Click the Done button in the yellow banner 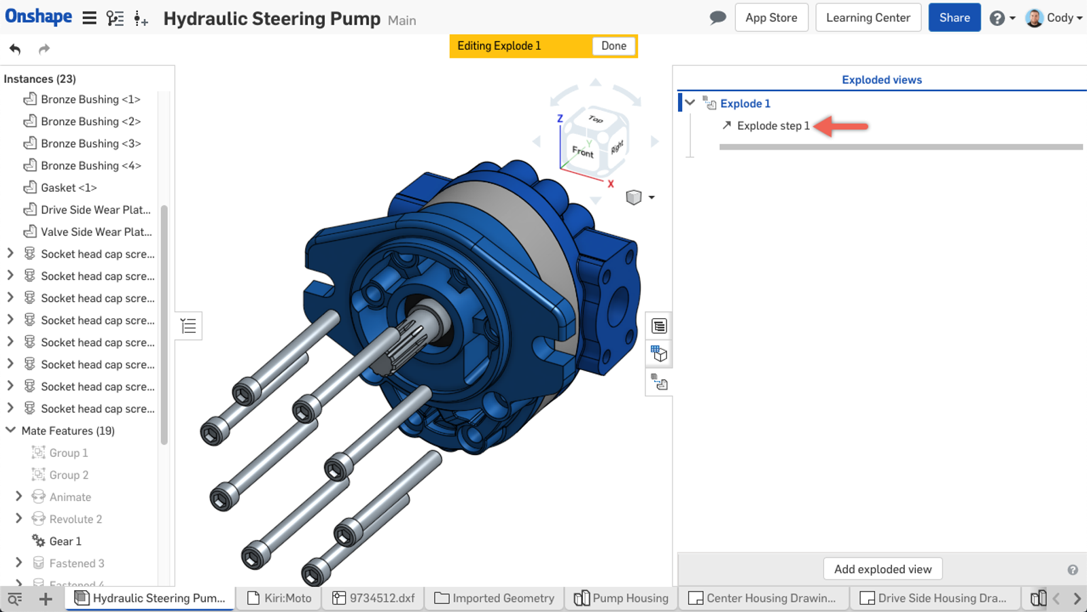coord(613,46)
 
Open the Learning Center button coord(868,18)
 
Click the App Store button coord(771,18)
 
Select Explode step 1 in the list coord(773,126)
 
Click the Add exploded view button coord(883,568)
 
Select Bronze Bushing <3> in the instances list coord(91,143)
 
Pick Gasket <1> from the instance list coord(69,188)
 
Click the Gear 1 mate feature coord(65,541)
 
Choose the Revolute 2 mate coord(75,519)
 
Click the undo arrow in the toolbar coord(15,49)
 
